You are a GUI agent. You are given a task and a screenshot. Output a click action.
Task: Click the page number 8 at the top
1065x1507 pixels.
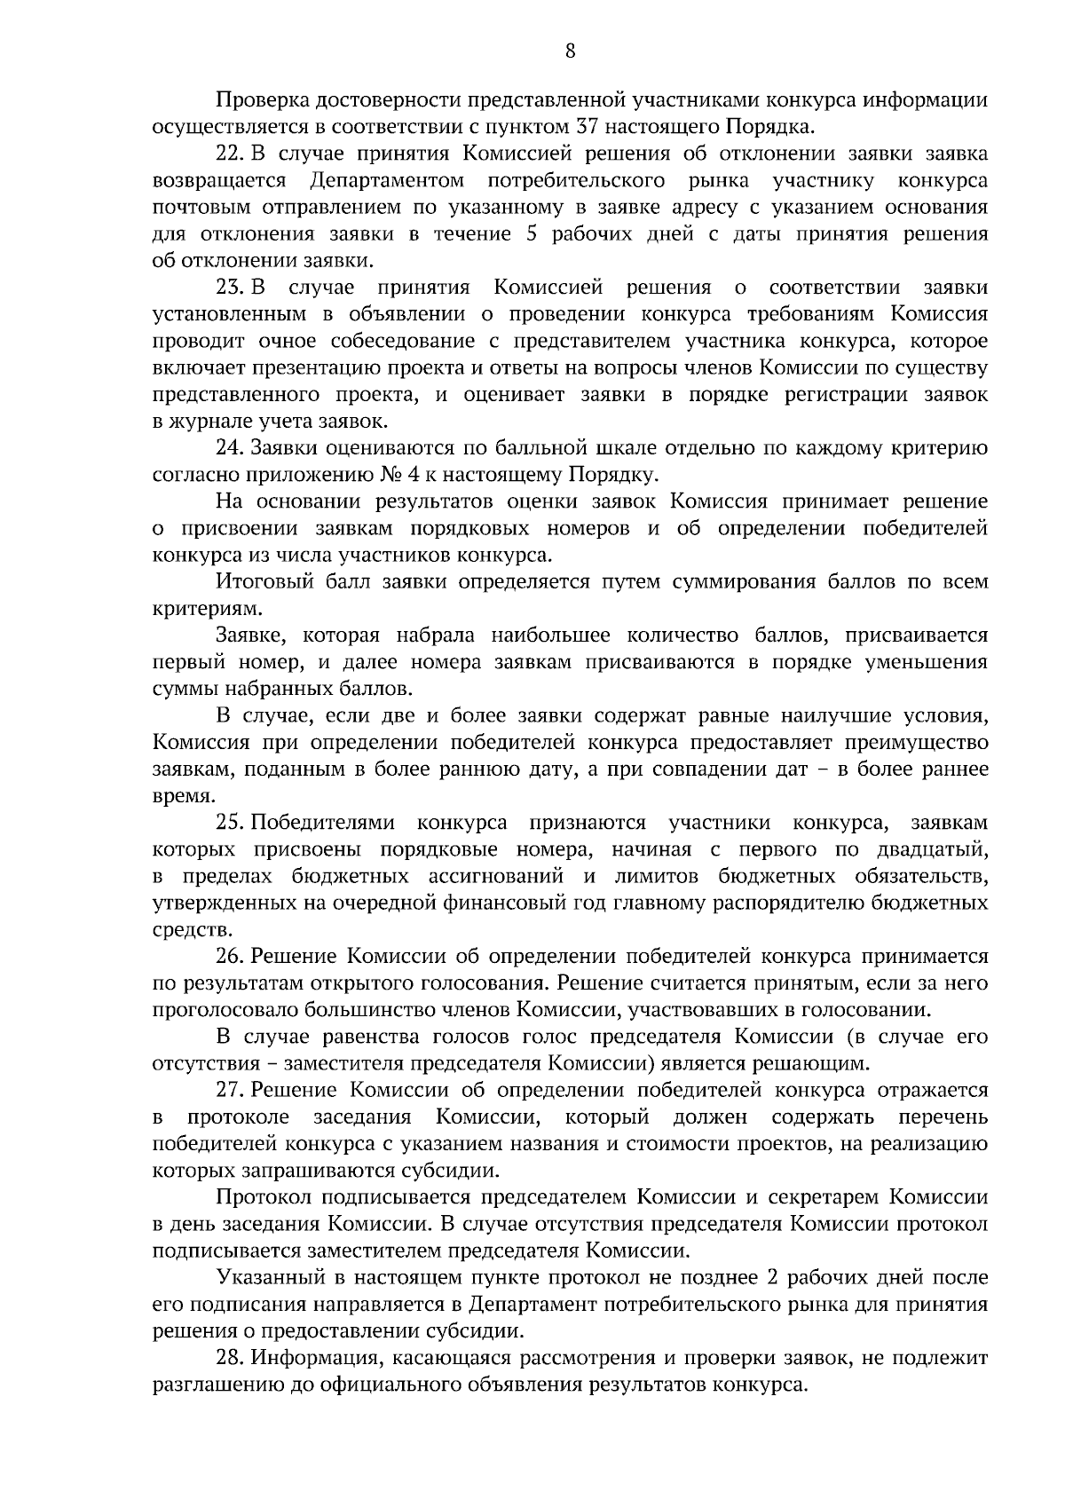tap(570, 51)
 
